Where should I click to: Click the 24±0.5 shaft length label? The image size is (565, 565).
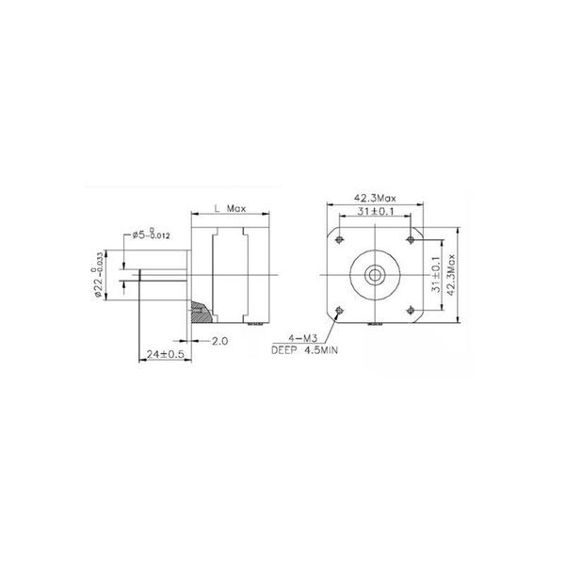(x=164, y=354)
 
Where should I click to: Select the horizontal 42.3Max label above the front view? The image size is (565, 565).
(x=374, y=198)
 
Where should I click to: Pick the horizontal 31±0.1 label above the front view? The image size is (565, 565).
(x=374, y=213)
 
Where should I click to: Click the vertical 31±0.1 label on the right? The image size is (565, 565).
(x=435, y=274)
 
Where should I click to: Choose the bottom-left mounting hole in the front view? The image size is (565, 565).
(x=338, y=310)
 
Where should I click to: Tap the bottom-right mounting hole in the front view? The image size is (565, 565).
(x=411, y=310)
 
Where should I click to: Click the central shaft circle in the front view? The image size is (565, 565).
(x=374, y=274)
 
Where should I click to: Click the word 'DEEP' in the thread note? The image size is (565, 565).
(x=283, y=348)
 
